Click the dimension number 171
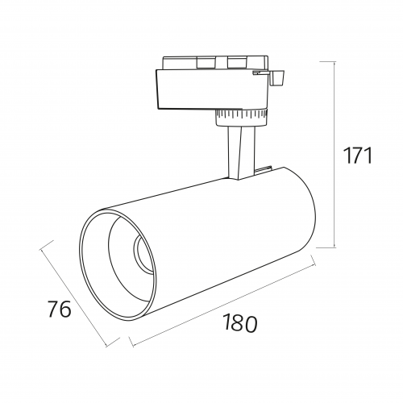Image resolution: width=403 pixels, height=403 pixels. (359, 156)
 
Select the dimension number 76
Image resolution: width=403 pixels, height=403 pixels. (60, 309)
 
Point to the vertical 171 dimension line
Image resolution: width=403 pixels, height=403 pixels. (334, 155)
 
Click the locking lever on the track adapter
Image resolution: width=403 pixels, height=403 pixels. (276, 78)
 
